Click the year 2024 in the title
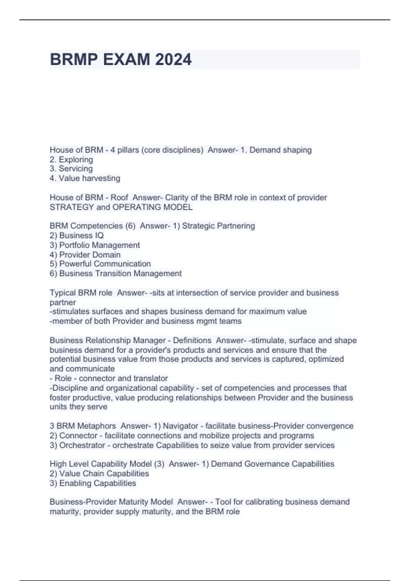[x=173, y=59]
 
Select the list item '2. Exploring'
[x=71, y=160]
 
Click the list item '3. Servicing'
[x=71, y=169]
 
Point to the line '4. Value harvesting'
[x=85, y=178]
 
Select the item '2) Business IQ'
[x=77, y=235]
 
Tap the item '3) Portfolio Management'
[x=95, y=245]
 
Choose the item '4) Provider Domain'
[x=85, y=255]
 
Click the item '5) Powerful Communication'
[x=100, y=264]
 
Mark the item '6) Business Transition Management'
[x=115, y=273]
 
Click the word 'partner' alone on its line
[x=63, y=302]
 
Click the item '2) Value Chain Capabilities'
[x=99, y=474]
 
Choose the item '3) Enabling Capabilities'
[x=93, y=483]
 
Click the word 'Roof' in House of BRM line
[x=119, y=198]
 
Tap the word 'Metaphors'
[x=96, y=426]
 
